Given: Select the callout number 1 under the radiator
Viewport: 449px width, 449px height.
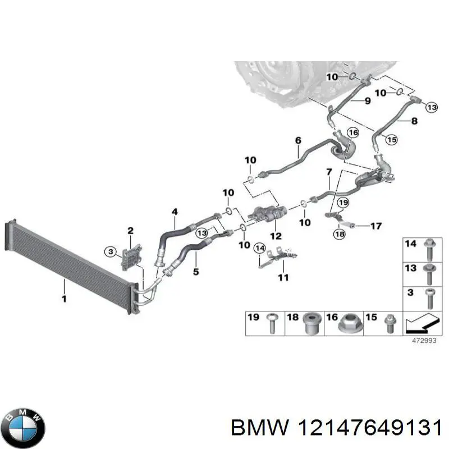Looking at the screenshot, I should (64, 299).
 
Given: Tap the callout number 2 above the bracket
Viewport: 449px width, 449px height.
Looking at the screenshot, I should (130, 230).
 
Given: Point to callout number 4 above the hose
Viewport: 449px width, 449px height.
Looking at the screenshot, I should (175, 212).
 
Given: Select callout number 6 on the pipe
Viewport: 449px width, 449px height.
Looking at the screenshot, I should (298, 140).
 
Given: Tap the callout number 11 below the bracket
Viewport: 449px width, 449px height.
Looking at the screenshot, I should (283, 277).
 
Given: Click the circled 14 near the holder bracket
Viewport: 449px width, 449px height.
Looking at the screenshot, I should (259, 248).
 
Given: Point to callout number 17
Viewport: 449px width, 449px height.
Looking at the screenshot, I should (375, 226).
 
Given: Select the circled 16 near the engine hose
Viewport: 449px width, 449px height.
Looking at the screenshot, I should (352, 132).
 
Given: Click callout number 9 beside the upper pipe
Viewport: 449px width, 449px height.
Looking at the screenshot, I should (367, 101).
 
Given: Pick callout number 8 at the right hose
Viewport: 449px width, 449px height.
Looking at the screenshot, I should (414, 120).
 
